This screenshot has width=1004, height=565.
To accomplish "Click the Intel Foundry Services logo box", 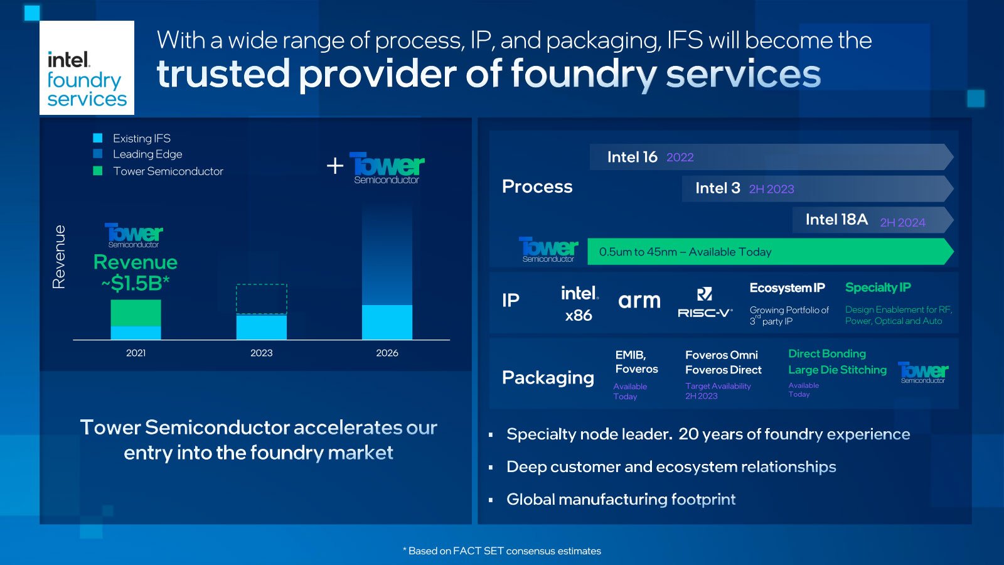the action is (x=87, y=68).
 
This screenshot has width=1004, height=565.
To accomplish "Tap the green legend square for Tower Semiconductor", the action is (x=98, y=171).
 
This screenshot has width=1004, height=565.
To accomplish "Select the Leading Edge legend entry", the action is (x=137, y=154).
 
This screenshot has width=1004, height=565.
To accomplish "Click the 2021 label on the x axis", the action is (x=136, y=353).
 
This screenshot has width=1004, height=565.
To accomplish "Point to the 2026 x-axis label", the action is (x=387, y=353).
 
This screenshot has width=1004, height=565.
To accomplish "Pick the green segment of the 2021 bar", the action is (x=136, y=313).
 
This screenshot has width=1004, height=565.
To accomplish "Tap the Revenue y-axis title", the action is (x=59, y=257).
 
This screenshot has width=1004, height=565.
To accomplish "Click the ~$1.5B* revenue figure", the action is (x=136, y=283).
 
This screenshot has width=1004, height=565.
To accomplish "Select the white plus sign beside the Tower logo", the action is (x=335, y=166).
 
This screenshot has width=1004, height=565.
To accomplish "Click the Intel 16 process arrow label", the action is (x=632, y=157).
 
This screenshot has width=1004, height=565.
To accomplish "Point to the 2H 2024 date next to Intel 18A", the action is (x=903, y=222).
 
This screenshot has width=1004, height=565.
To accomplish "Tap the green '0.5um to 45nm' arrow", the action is (x=771, y=252).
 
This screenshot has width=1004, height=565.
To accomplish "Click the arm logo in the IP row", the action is (x=639, y=301).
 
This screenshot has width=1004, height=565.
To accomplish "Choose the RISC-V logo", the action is (x=705, y=303).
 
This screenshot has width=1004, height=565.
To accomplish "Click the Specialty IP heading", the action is (x=878, y=288).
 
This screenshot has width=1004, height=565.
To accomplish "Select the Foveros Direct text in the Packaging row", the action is (x=724, y=370).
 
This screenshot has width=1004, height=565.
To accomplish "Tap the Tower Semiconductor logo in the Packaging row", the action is (x=923, y=373).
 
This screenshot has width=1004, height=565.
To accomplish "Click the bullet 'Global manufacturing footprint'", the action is (x=621, y=500).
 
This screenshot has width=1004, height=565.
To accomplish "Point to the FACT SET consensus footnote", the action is (x=502, y=551).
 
